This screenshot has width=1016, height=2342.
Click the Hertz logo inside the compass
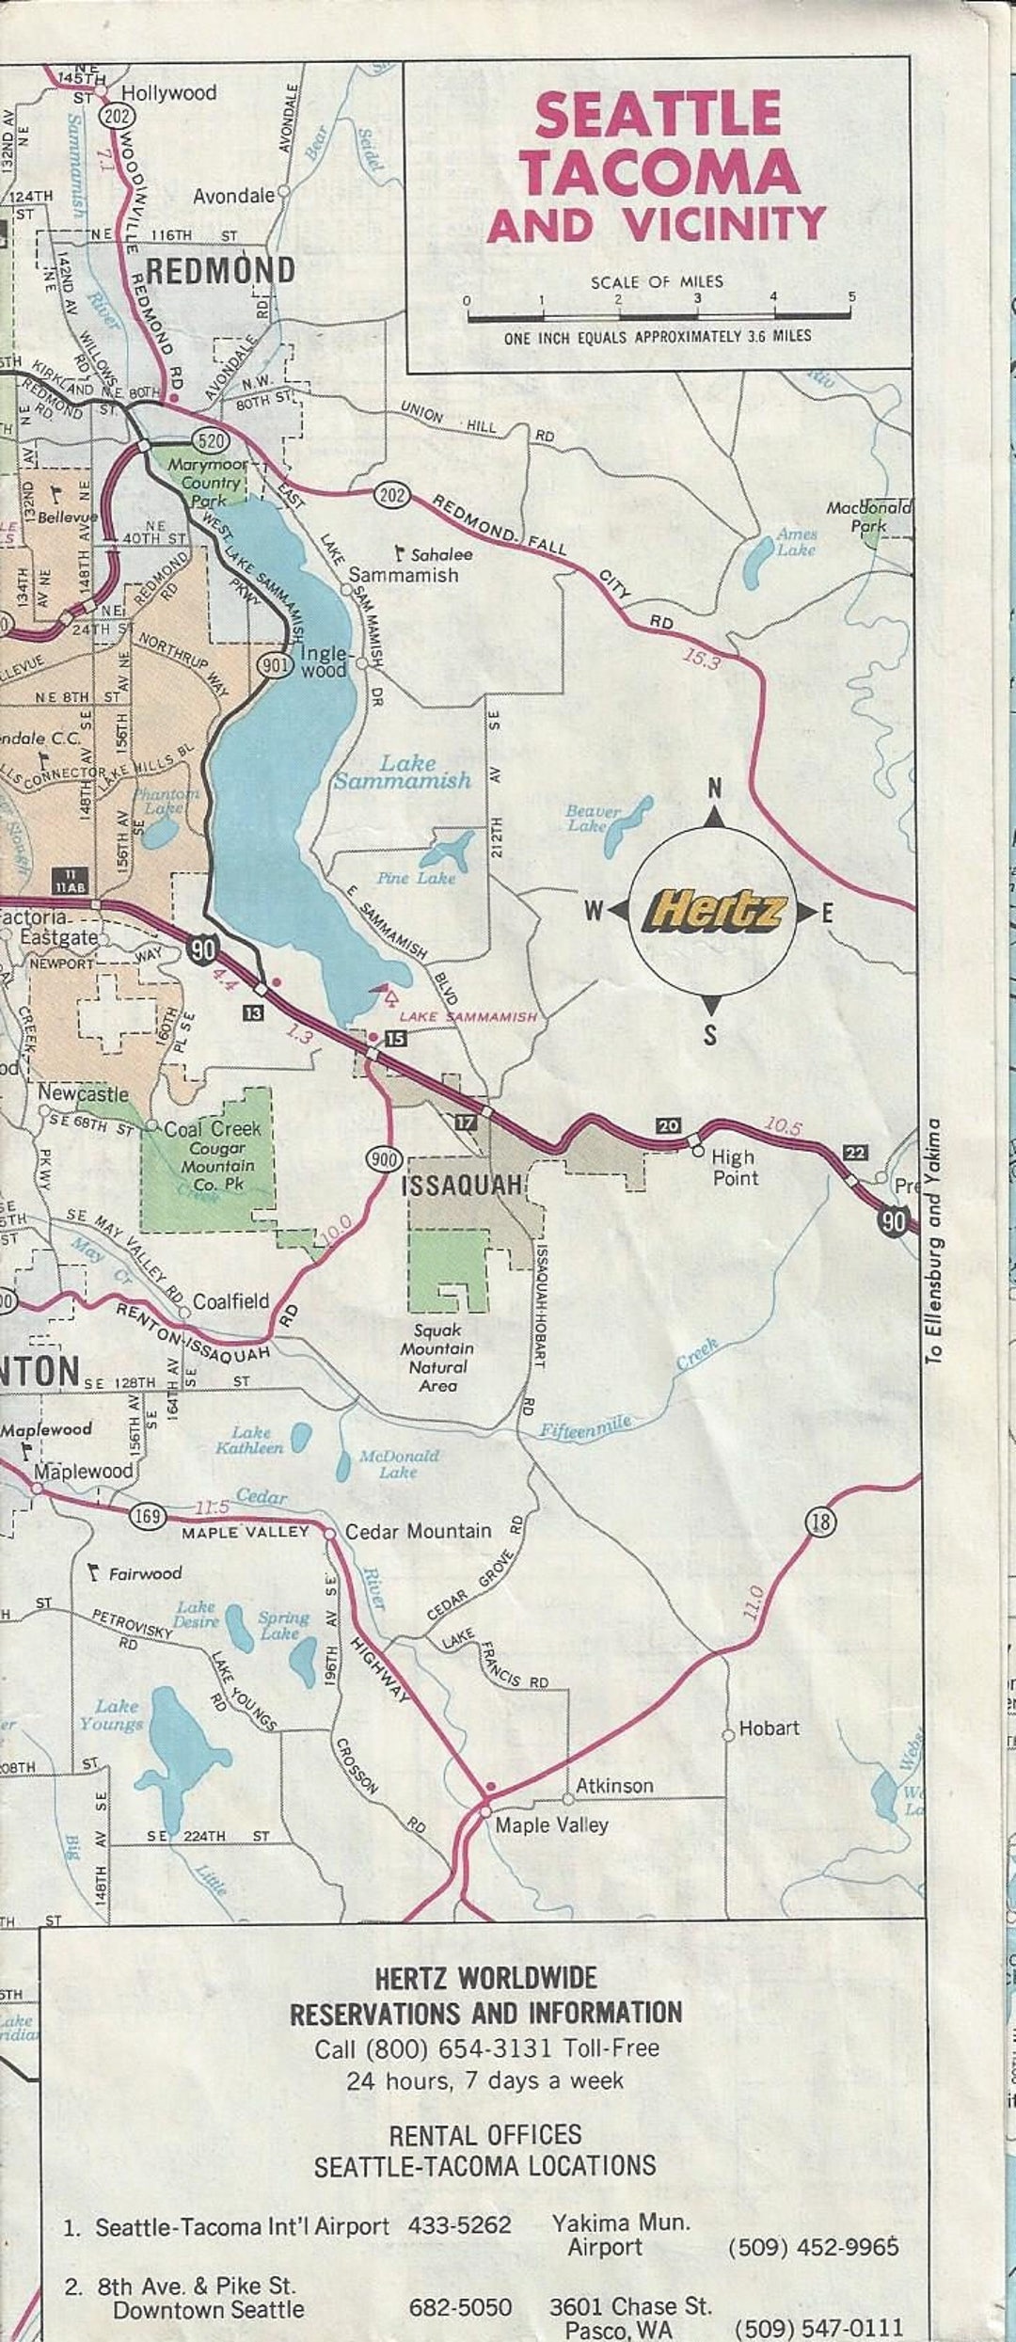click(x=713, y=911)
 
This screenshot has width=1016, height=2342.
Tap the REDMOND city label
click(x=220, y=271)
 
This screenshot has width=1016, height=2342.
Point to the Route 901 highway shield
click(x=270, y=665)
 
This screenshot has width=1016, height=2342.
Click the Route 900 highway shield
click(x=384, y=1159)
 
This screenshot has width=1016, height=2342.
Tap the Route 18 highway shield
click(x=820, y=1522)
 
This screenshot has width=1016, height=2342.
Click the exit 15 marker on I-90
click(x=396, y=1038)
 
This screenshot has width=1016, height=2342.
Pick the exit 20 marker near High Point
click(x=668, y=1125)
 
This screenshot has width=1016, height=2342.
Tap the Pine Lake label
click(x=416, y=878)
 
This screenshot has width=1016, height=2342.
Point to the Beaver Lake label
click(x=593, y=818)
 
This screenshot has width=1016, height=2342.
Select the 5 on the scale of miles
click(x=851, y=297)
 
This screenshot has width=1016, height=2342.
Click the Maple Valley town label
click(x=551, y=1824)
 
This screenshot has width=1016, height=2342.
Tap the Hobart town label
click(x=769, y=1728)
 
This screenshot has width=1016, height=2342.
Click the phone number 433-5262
click(x=459, y=2224)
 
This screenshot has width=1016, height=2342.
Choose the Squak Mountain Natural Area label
click(x=438, y=1358)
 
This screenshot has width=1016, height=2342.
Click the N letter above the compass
click(x=715, y=789)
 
